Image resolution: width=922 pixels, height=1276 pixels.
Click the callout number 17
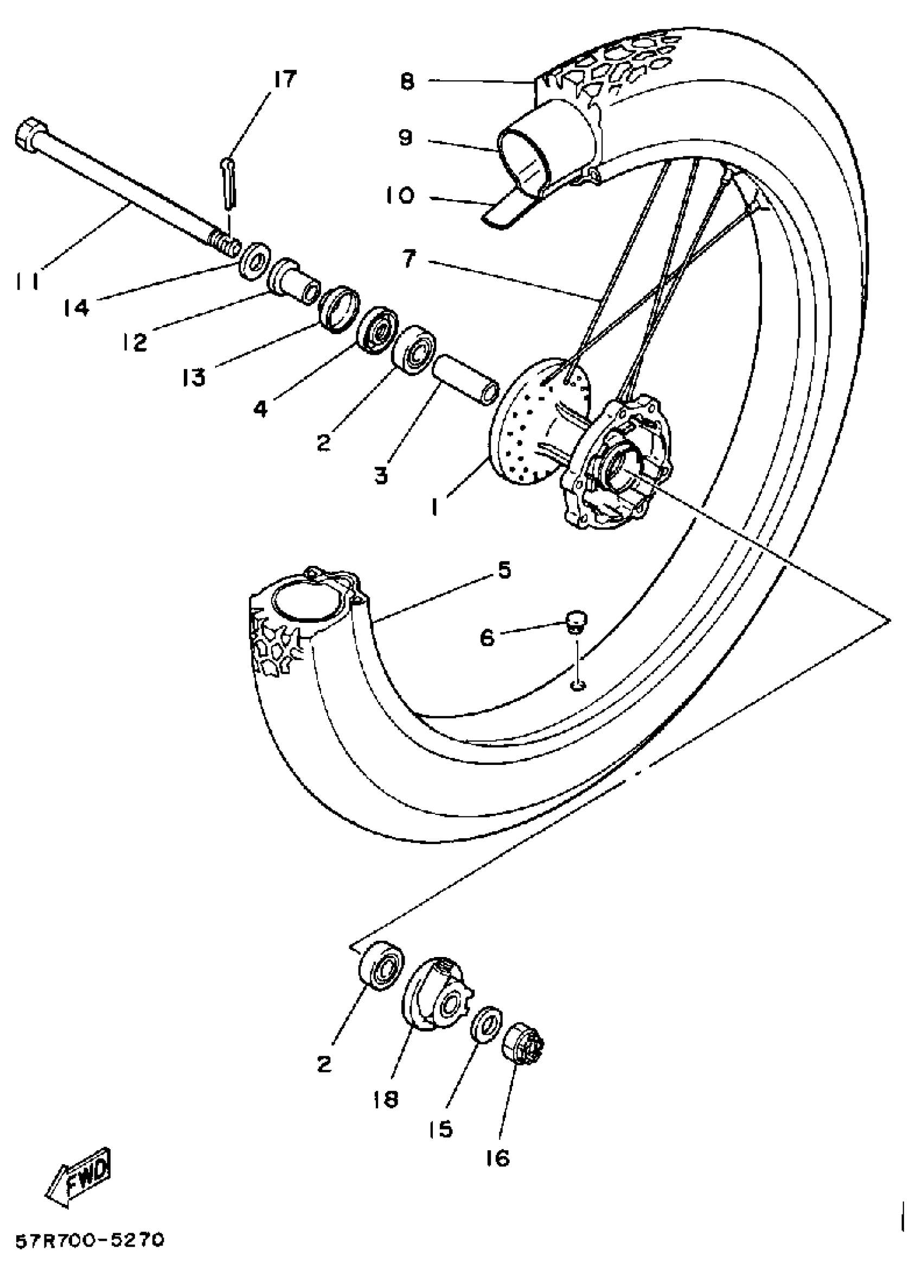click(284, 79)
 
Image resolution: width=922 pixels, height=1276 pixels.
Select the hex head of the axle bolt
click(28, 135)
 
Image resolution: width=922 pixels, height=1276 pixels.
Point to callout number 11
click(28, 282)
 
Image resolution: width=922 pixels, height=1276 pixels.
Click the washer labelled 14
click(254, 258)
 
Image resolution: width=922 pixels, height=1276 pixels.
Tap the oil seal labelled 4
click(377, 332)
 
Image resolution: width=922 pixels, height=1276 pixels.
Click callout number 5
click(504, 570)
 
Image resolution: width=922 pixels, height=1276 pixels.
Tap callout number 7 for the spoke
click(409, 259)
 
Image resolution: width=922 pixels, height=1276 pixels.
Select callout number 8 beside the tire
click(407, 81)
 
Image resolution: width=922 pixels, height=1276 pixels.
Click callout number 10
click(400, 196)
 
